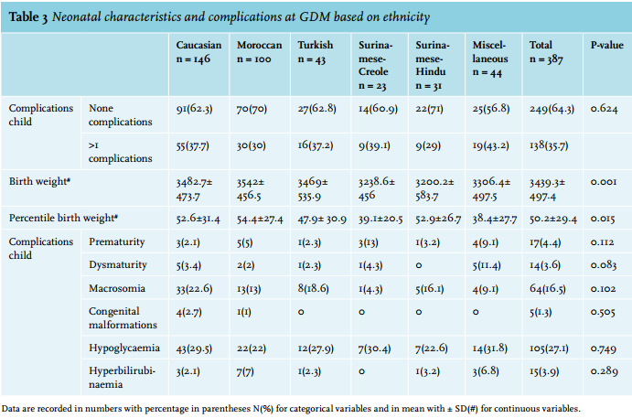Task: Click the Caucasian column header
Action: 198,51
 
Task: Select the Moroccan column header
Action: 259,51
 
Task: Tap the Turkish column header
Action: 316,51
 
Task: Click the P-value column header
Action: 607,45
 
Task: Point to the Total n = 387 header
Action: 546,51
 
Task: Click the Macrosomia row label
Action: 117,288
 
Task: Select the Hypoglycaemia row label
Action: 124,348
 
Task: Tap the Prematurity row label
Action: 116,241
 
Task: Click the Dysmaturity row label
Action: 118,265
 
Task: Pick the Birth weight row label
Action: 39,181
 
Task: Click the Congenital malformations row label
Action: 123,317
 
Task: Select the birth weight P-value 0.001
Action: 604,182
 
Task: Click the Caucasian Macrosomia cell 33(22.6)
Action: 194,289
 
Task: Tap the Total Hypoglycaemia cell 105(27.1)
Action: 549,348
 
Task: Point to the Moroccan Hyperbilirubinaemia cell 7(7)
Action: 245,371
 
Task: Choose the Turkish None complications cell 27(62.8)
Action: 316,109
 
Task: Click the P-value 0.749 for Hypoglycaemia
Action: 604,348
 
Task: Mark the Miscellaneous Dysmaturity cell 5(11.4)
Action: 487,265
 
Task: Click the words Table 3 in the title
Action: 28,17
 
